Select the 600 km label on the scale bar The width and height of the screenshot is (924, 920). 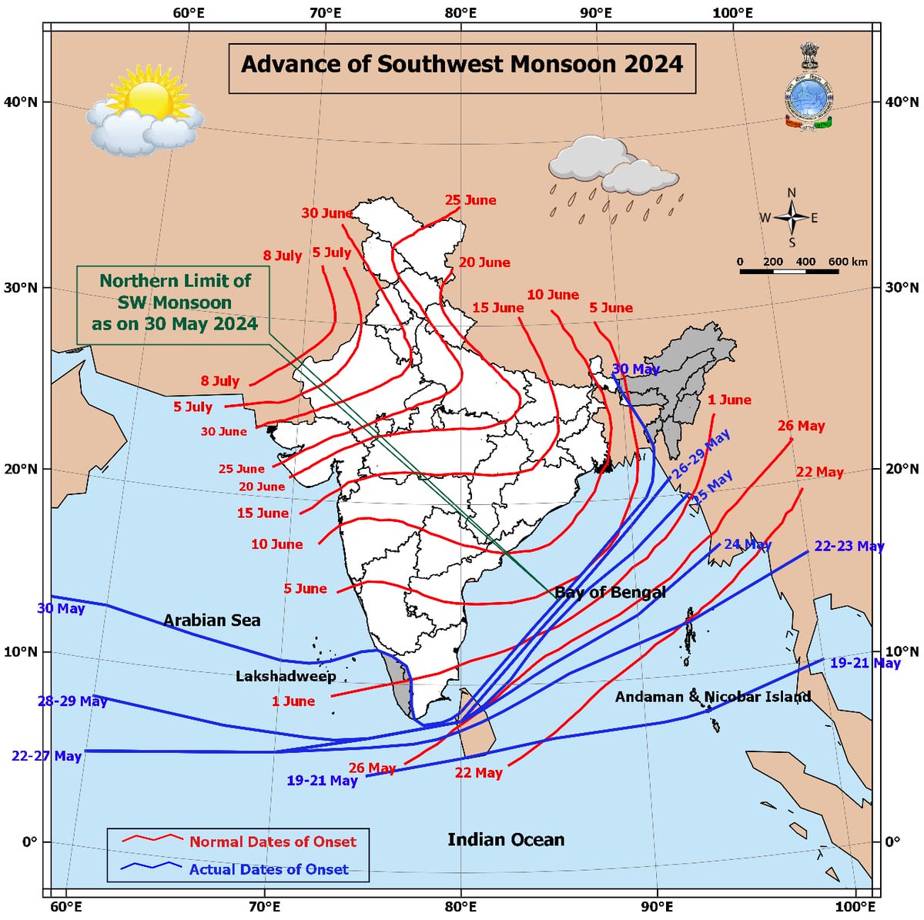(848, 262)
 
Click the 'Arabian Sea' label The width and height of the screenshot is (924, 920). (212, 620)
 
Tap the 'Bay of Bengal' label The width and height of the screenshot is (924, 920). (611, 592)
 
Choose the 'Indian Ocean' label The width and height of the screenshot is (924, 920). (506, 839)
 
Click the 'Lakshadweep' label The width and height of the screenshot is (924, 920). (286, 676)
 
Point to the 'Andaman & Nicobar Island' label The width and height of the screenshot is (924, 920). (713, 697)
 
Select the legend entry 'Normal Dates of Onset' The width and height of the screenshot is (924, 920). (273, 841)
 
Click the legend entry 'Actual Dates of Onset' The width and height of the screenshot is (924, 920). (269, 869)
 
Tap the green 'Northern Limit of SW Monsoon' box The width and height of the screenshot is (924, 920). (175, 303)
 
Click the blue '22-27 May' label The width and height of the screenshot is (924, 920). (46, 756)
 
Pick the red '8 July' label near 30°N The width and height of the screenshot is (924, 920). (282, 256)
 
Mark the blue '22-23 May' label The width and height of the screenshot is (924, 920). (849, 546)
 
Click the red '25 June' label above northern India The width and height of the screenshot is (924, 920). (470, 200)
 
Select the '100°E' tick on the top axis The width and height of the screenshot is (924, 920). (732, 13)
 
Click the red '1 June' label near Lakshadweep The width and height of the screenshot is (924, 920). (293, 701)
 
